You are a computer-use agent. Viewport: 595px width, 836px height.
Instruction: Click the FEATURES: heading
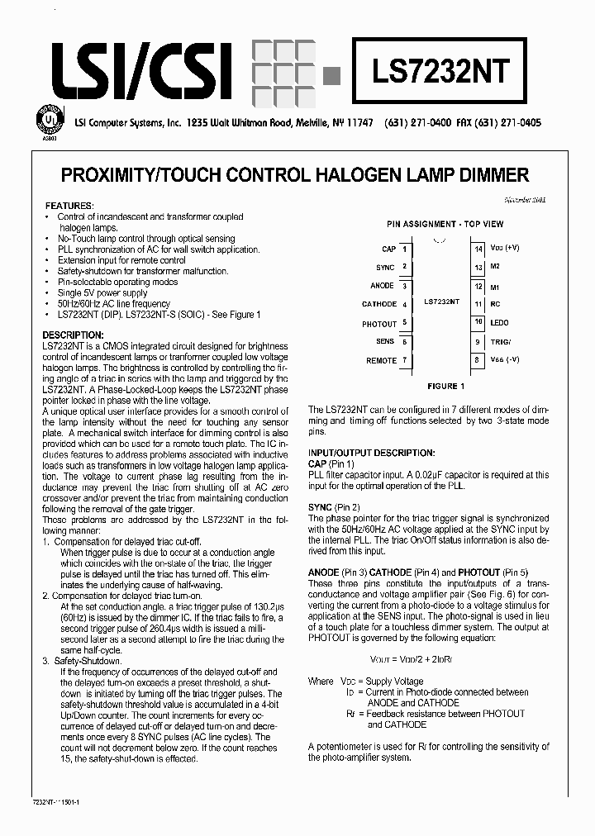click(x=69, y=205)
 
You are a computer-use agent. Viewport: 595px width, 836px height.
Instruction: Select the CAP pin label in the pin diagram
click(x=388, y=249)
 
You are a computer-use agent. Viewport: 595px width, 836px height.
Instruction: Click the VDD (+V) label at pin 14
click(x=504, y=248)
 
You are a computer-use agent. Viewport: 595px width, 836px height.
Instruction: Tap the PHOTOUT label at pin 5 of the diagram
click(x=379, y=324)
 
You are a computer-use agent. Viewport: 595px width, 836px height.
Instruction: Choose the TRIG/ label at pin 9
click(x=500, y=341)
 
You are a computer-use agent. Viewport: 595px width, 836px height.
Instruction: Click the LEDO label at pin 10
click(x=499, y=322)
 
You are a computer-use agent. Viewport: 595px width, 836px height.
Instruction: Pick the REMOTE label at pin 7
click(x=382, y=360)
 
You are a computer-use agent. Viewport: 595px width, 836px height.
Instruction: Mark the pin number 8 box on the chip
click(x=477, y=359)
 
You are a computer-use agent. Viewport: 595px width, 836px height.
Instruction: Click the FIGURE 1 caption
click(x=445, y=386)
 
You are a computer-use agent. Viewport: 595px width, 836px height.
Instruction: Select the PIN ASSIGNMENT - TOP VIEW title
click(x=445, y=224)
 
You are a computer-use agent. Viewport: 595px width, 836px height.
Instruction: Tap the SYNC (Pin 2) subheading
click(x=334, y=506)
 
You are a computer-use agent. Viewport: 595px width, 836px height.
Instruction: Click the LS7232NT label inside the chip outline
click(x=441, y=302)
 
